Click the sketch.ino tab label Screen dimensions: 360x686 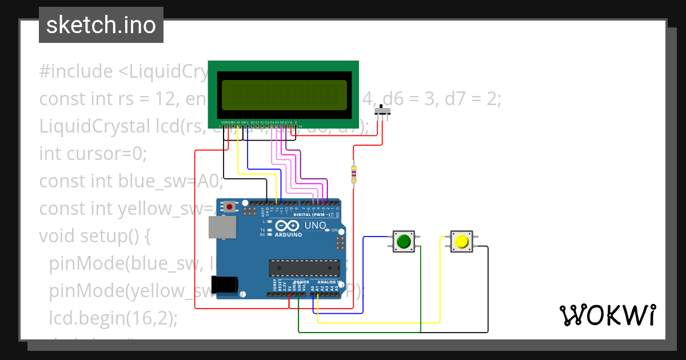(x=101, y=25)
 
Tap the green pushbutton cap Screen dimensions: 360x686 (x=404, y=241)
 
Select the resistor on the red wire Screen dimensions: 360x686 (x=353, y=174)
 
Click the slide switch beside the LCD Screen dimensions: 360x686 (x=384, y=111)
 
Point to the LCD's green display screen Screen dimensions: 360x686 (x=284, y=95)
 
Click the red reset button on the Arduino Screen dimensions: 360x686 (x=230, y=206)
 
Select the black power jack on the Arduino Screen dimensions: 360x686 (x=224, y=285)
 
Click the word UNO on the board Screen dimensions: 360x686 (x=314, y=225)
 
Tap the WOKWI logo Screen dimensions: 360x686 (x=607, y=315)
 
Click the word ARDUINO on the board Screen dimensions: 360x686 (x=288, y=234)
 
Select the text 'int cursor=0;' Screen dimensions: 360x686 (x=93, y=154)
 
